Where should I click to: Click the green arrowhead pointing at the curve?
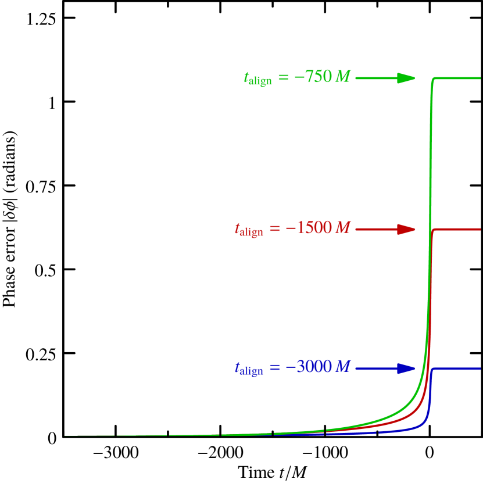(x=406, y=78)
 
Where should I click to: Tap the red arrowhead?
(x=406, y=229)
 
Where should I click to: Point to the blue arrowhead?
(x=406, y=368)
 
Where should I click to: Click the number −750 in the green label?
(x=313, y=77)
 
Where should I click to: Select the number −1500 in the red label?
(x=308, y=228)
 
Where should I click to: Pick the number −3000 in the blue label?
(x=308, y=367)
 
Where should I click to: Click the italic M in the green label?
(x=343, y=77)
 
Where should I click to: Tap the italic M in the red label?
(x=343, y=228)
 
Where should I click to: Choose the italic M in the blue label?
(x=343, y=367)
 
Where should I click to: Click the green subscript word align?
(x=260, y=82)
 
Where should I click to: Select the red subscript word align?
(x=251, y=232)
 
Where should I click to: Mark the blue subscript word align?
(x=251, y=371)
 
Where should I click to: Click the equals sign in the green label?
(x=283, y=77)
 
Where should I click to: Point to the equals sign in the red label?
(x=274, y=228)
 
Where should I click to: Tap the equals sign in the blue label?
(x=274, y=368)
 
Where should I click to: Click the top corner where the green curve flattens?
(x=433, y=79)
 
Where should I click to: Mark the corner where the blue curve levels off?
(x=433, y=369)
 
